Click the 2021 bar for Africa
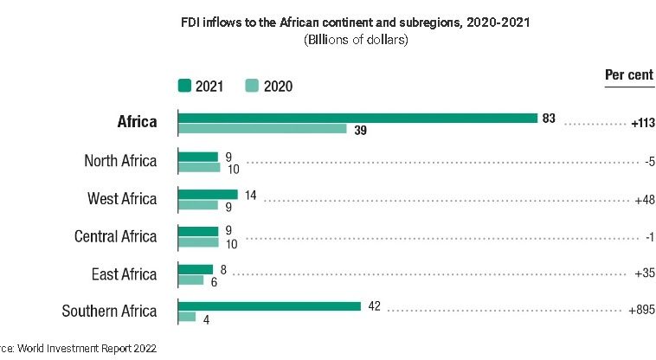click(357, 117)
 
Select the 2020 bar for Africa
click(262, 129)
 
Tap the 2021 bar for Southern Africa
click(268, 305)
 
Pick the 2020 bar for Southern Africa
click(186, 318)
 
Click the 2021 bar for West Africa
click(207, 194)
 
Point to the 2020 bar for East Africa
click(190, 280)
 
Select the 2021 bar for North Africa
click(197, 156)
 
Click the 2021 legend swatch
click(184, 85)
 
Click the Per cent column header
click(628, 75)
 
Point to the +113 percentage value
click(641, 124)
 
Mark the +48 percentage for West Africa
click(642, 199)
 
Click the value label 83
click(549, 117)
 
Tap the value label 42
click(373, 305)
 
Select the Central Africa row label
click(116, 236)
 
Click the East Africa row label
click(124, 274)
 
